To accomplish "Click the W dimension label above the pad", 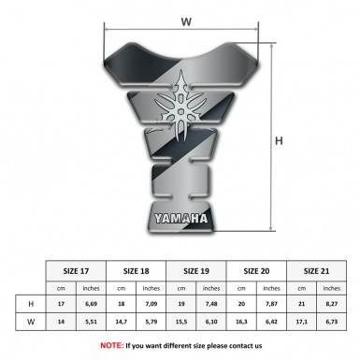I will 185,19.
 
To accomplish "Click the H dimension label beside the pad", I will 279,141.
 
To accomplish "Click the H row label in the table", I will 32,304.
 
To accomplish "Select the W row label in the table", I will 32,324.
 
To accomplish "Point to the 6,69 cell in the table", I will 92,304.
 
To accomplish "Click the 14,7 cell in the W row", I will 122,324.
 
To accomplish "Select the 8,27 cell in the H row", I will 331,304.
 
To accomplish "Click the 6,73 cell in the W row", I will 331,324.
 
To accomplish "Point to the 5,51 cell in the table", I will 92,324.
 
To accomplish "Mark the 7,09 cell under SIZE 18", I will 152,304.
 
